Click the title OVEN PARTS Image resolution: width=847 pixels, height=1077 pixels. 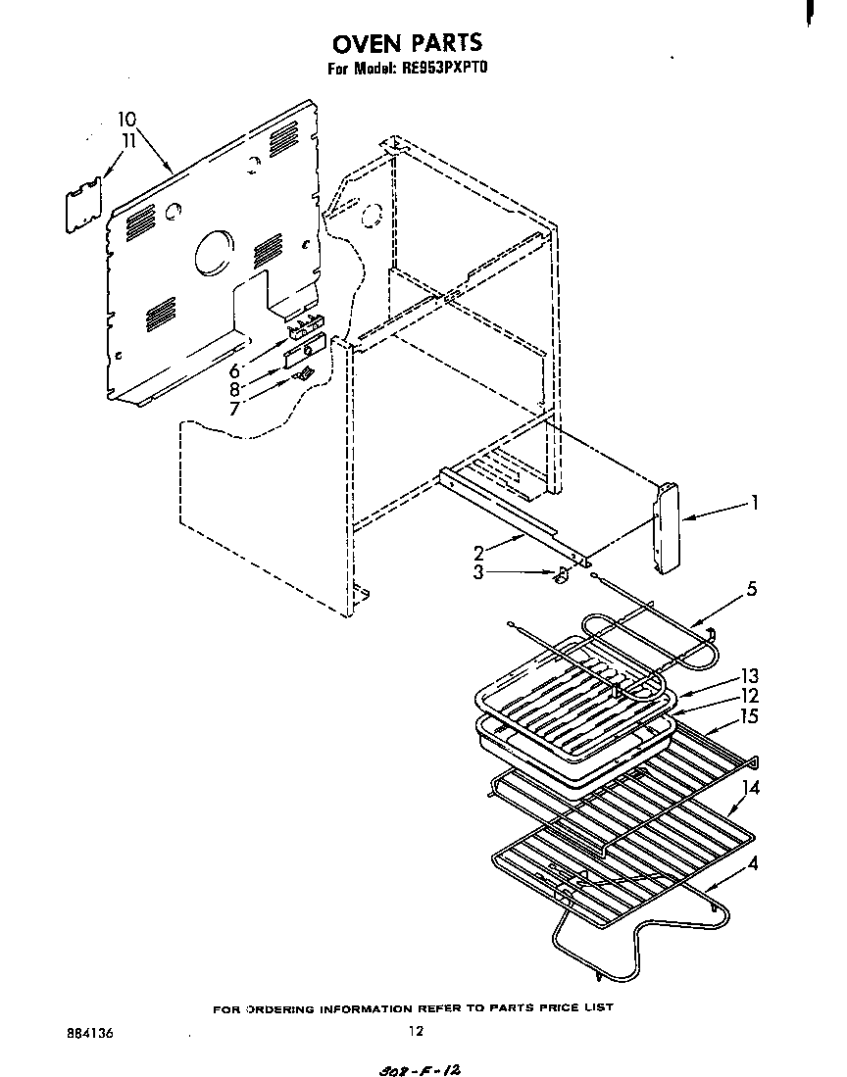[x=407, y=43]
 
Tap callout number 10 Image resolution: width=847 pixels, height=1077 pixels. [x=126, y=120]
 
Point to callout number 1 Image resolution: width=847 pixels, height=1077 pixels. [x=755, y=503]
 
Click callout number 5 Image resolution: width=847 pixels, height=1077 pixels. [x=751, y=589]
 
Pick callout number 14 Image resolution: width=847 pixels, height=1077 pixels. [x=751, y=786]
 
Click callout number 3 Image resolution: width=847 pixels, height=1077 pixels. [x=478, y=572]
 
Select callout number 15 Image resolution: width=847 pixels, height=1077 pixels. [x=751, y=716]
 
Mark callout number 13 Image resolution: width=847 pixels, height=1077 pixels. [x=751, y=676]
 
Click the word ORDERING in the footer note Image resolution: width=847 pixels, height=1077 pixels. [x=284, y=1007]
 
